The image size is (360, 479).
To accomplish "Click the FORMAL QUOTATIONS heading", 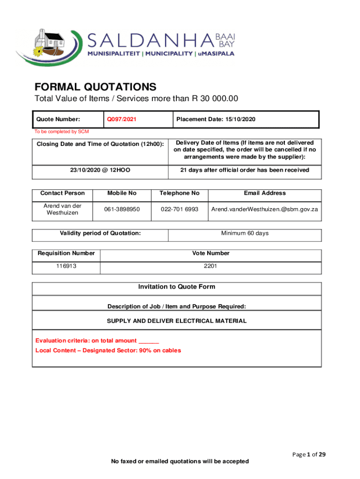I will coord(95,87).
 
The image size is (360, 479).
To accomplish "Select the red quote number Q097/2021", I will coord(122,119).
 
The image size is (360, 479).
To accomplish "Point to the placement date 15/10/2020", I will coord(216,119).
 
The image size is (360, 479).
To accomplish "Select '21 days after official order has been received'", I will coord(245,170).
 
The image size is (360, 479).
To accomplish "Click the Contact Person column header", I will coord(63,193).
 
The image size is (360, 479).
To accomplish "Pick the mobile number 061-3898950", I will coord(122,209).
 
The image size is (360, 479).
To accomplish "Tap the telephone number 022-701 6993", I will coord(180,209).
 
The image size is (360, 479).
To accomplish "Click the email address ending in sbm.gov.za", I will coord(265,209).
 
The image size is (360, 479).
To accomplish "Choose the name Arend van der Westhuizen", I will coord(63,209).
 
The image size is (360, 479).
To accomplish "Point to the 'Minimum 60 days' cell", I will coord(245,233).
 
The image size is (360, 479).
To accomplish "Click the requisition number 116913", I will coord(66,266).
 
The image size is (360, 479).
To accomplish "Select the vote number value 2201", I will coord(211,266).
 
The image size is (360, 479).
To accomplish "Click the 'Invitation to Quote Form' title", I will coord(177,287).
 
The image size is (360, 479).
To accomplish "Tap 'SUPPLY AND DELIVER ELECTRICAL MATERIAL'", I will coord(177,321).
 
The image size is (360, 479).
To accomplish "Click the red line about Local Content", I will coord(108,350).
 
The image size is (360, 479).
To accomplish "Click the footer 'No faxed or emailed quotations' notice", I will coord(180,462).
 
